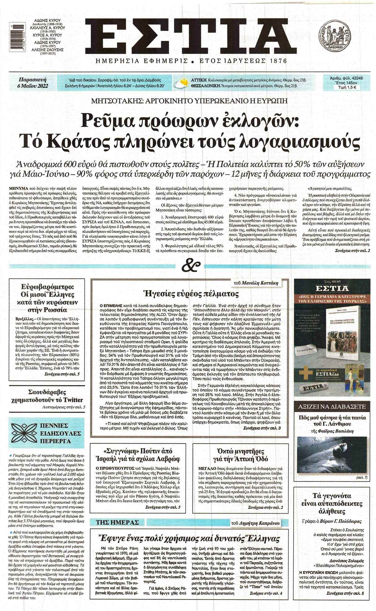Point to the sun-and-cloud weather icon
(181, 83)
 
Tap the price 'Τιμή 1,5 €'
(346, 87)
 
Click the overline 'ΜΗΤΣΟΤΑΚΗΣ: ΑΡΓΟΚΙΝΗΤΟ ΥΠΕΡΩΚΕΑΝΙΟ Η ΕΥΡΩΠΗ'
(189, 101)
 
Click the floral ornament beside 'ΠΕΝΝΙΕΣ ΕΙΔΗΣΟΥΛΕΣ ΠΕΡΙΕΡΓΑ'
(24, 433)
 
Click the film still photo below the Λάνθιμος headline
(332, 454)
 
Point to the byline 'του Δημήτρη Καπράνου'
(256, 523)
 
